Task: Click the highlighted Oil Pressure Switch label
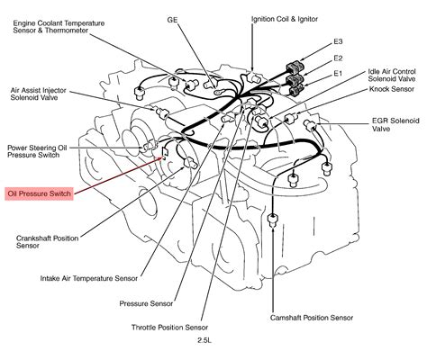[39, 193]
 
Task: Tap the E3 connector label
[338, 41]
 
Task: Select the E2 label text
[338, 58]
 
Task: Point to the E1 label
[338, 73]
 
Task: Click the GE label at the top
[172, 20]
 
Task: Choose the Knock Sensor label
[392, 89]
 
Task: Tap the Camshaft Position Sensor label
[312, 318]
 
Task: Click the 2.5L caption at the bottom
[204, 340]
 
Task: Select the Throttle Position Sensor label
[169, 327]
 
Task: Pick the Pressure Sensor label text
[146, 303]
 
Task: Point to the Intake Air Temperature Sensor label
[89, 278]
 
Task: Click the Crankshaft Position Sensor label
[47, 242]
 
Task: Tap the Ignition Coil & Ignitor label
[285, 19]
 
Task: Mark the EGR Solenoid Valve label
[395, 125]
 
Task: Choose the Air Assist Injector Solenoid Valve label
[38, 94]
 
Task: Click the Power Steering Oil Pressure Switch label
[37, 151]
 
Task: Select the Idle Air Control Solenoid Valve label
[392, 76]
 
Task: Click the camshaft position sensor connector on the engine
[272, 220]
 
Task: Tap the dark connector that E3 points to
[295, 67]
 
